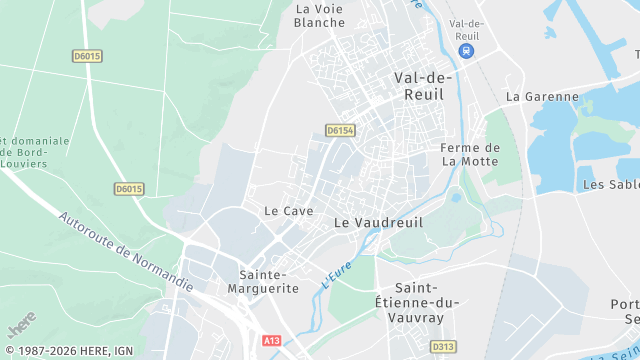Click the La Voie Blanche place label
click(319, 15)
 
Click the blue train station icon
click(466, 51)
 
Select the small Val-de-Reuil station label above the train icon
click(467, 30)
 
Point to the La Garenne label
click(542, 97)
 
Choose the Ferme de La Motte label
click(470, 154)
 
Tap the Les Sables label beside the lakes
click(610, 185)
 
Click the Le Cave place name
click(288, 211)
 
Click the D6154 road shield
click(340, 130)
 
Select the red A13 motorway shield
click(272, 340)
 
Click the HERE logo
click(20, 326)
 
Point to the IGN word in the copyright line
click(123, 350)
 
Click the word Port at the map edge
click(625, 305)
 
